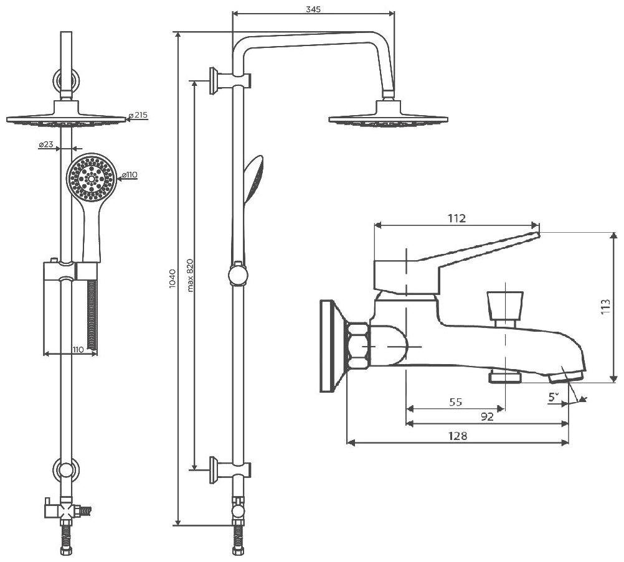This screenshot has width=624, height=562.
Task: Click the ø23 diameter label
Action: (45, 144)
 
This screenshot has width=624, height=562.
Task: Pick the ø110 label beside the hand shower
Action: (129, 176)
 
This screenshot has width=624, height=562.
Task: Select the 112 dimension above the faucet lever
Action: (456, 217)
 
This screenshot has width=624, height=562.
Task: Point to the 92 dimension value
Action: (487, 417)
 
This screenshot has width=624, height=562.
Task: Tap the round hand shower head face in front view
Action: (91, 177)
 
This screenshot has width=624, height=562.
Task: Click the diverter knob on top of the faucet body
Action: (504, 305)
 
